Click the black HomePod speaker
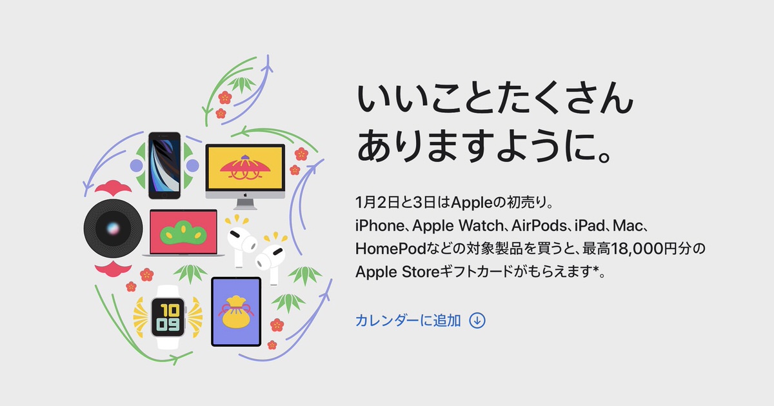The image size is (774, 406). pos(113,228)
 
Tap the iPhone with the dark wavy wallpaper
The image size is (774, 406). pos(164,166)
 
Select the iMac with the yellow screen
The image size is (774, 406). pos(245,176)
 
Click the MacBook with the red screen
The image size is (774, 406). pos(183,233)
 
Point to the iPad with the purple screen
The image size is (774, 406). pos(236,312)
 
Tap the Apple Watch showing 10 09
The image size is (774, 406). pos(168,317)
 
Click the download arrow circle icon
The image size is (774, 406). pos(477,321)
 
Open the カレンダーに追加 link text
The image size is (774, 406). pos(408,321)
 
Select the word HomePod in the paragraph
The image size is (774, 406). pos(390,249)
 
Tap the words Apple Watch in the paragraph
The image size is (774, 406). pos(458,226)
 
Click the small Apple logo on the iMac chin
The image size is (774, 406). pos(245,195)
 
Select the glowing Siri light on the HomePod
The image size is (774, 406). pos(113,228)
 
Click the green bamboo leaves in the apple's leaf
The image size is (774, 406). pos(241,84)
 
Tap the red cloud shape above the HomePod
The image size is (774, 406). pos(113,187)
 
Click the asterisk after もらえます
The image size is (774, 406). pos(596,269)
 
